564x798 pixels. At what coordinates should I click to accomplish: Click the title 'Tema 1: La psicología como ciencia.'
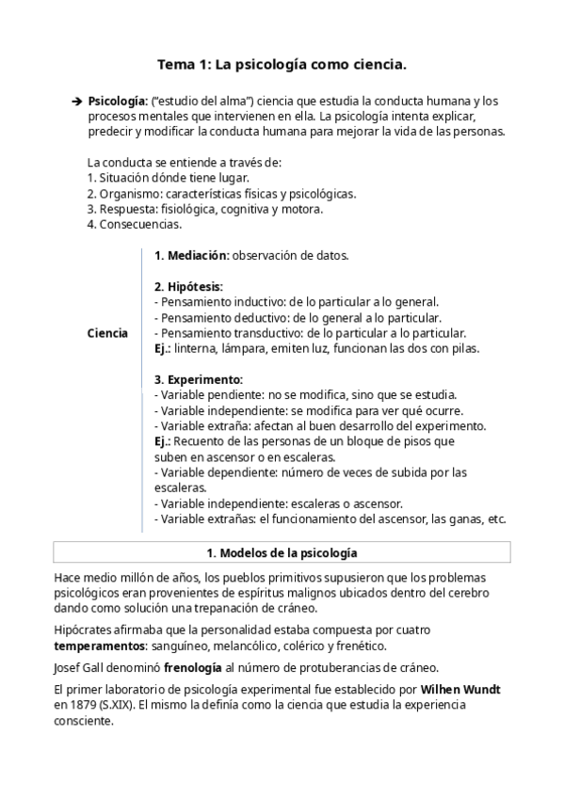click(282, 65)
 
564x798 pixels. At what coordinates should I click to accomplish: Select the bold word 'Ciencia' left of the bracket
click(107, 333)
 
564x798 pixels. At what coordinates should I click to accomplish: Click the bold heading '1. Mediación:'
click(191, 255)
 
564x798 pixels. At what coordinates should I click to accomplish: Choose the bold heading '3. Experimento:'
click(199, 379)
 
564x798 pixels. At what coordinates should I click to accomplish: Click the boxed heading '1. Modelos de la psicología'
click(282, 552)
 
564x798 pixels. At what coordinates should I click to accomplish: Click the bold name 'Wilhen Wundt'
click(460, 690)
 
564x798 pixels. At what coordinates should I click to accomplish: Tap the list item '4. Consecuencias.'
click(134, 224)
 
